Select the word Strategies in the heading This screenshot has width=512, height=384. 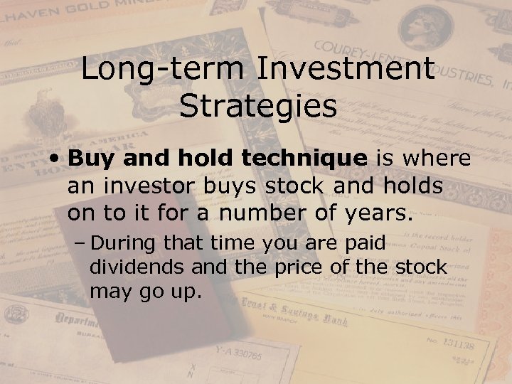point(257,106)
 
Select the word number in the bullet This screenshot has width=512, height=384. point(250,213)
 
